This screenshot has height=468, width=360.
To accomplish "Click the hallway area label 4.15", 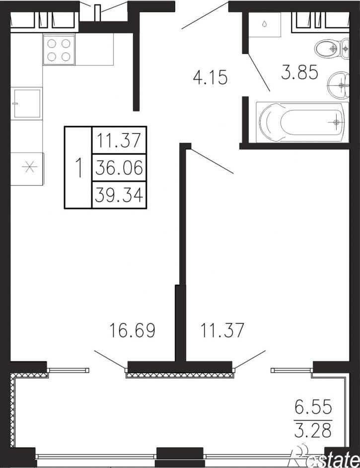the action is (210, 78).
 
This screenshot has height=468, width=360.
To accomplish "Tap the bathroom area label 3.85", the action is (299, 73).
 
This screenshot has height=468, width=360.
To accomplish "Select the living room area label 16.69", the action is (133, 330).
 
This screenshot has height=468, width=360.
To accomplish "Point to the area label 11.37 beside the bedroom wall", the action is (222, 330).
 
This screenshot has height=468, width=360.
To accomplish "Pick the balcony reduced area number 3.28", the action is (313, 430).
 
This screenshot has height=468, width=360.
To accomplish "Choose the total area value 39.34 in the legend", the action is (119, 195).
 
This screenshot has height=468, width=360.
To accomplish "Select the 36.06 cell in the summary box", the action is (119, 168).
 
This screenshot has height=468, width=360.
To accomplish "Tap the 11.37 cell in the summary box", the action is (119, 141).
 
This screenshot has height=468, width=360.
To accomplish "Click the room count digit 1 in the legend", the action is (78, 168).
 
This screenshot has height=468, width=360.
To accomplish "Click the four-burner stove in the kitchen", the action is (59, 49).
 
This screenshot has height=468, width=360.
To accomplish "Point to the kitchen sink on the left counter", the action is (26, 103).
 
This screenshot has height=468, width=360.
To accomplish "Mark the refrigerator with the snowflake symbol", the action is (27, 168).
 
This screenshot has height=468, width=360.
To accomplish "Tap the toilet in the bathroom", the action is (332, 48).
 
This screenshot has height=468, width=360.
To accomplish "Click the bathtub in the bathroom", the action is (302, 122).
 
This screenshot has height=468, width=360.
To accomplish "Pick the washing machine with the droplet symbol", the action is (265, 25).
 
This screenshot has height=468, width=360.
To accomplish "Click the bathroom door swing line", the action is (259, 72).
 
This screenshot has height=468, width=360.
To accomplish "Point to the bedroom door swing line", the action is (210, 161).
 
